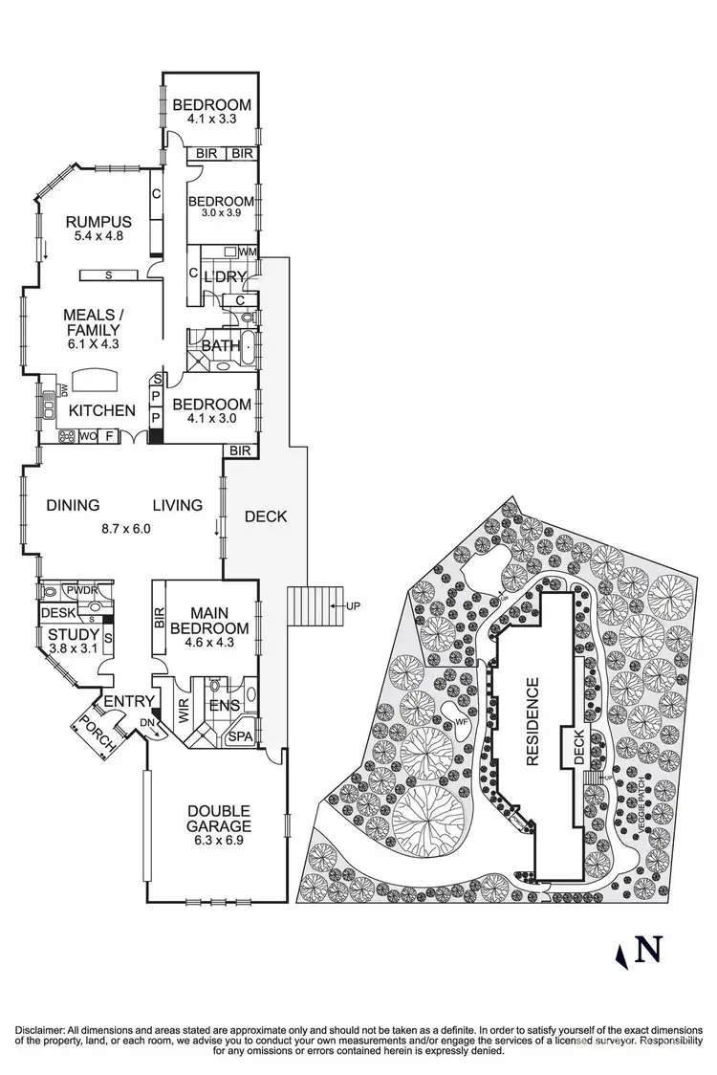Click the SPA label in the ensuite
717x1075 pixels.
pyautogui.click(x=240, y=737)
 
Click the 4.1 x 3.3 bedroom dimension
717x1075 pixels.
pyautogui.click(x=211, y=121)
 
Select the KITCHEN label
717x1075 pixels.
pyautogui.click(x=101, y=410)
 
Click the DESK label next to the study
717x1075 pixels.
pyautogui.click(x=56, y=612)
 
